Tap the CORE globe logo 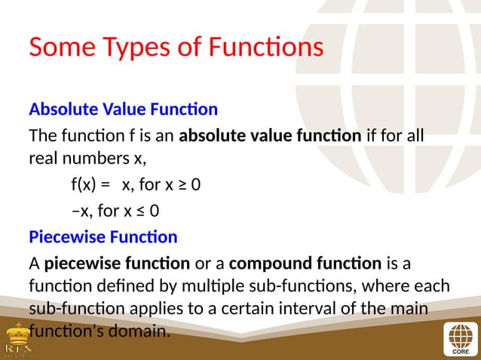pos(458,337)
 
